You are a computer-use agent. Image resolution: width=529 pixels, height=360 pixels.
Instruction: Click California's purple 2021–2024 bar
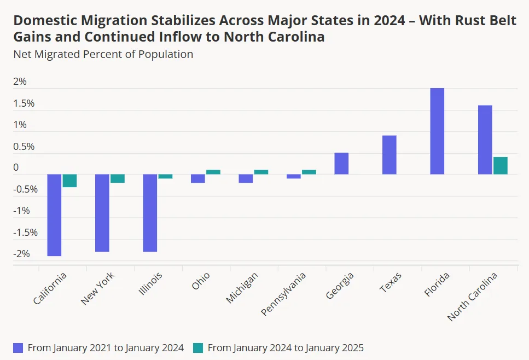point(54,215)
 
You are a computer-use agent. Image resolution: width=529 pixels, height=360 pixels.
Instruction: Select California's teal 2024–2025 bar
point(69,181)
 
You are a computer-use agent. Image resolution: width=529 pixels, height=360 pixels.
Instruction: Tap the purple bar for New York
point(102,213)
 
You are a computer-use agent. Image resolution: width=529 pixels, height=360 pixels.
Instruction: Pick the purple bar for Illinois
point(150,213)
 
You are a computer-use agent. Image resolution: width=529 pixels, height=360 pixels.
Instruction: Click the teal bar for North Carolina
point(501,166)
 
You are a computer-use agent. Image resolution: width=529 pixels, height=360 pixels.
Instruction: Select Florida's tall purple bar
point(437,131)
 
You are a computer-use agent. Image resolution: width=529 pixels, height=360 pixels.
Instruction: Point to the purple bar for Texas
point(390,155)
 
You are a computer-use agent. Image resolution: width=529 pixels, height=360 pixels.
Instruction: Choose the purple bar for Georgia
point(341,164)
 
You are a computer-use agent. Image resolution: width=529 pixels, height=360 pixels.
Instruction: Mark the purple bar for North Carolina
point(485,140)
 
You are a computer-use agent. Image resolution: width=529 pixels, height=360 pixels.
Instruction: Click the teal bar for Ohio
point(213,172)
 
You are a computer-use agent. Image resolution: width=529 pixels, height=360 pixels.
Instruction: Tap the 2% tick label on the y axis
point(20,82)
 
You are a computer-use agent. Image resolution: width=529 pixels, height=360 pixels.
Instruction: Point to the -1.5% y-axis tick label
point(26,233)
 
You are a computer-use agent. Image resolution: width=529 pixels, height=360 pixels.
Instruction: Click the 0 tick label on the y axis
point(16,168)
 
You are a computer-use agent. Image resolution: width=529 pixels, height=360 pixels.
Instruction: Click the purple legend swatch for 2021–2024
point(18,348)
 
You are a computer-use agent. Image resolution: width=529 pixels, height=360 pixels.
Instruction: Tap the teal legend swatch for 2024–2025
point(198,348)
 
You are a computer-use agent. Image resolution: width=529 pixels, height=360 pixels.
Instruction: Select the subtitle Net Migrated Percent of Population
point(103,54)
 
